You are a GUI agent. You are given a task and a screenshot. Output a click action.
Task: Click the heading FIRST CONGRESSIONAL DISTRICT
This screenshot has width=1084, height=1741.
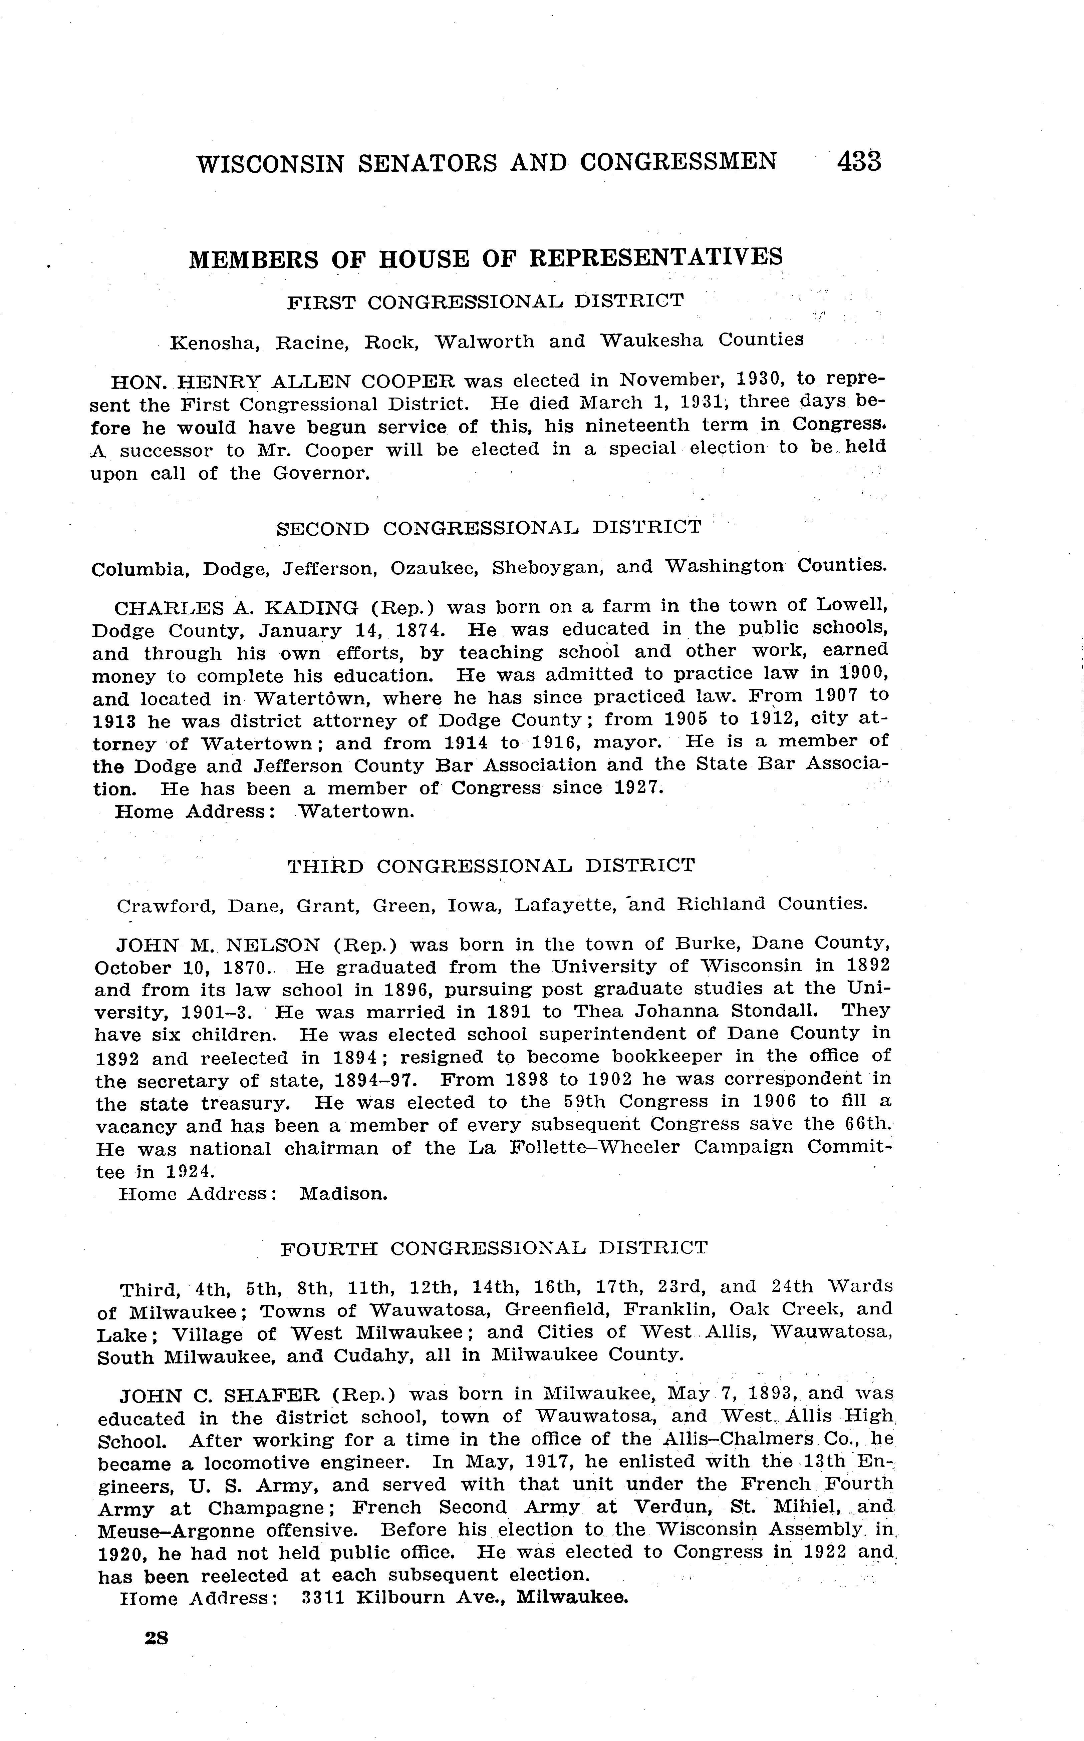tap(485, 302)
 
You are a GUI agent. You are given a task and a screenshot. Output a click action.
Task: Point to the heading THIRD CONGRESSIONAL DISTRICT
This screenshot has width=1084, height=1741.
tap(491, 865)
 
